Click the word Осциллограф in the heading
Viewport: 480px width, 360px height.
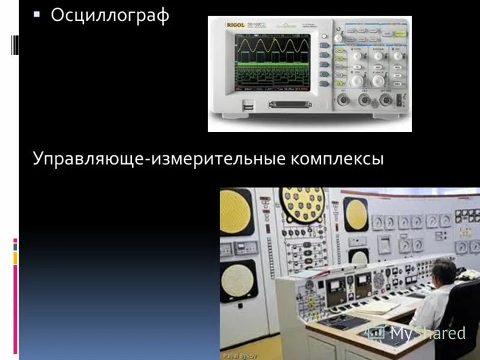click(110, 15)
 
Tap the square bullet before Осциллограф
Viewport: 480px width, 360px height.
click(37, 13)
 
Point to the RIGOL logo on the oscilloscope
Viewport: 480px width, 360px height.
click(236, 26)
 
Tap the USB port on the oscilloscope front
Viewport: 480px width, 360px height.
click(247, 106)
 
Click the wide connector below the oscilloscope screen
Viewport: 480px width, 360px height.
click(289, 105)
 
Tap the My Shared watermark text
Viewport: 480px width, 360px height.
click(427, 334)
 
